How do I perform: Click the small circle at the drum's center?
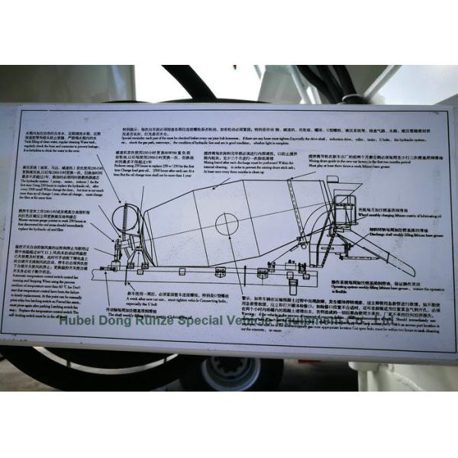[226, 223]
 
